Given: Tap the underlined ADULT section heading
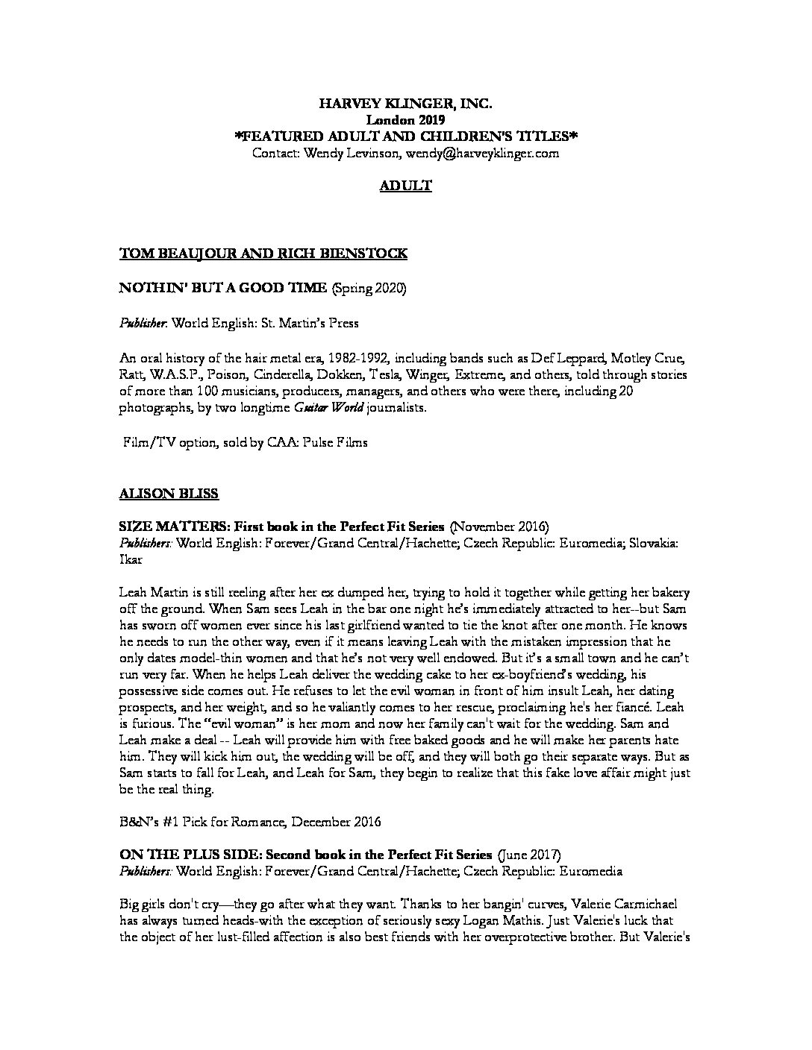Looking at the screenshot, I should (405, 186).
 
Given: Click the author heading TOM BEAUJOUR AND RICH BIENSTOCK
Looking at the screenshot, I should (263, 254).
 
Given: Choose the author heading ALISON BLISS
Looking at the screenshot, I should (169, 493).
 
